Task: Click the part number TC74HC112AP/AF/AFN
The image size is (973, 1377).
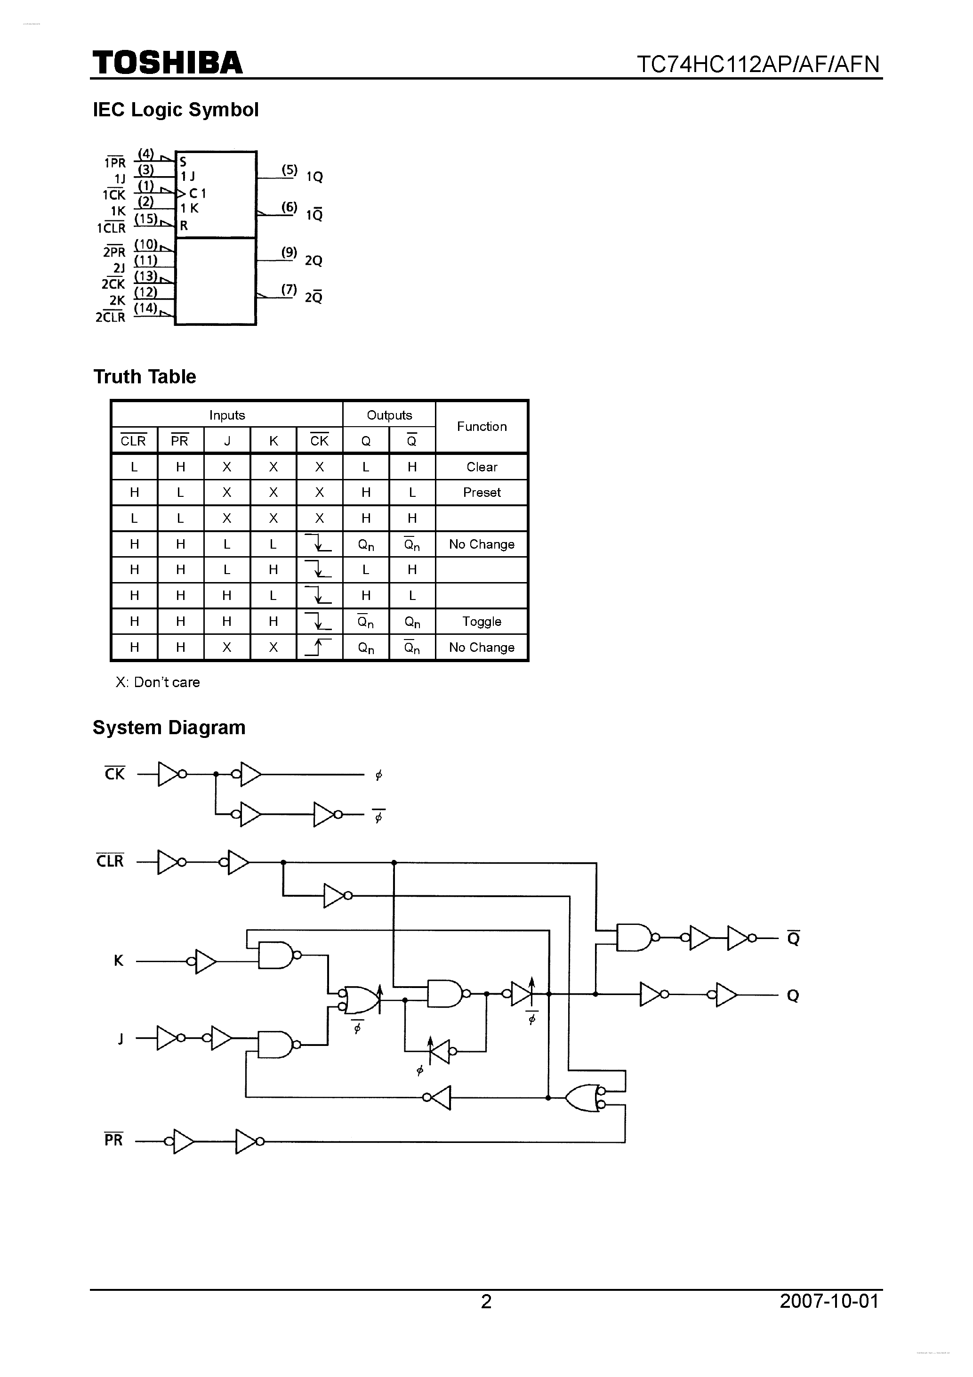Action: click(x=758, y=64)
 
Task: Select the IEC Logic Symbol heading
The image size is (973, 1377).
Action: click(x=176, y=110)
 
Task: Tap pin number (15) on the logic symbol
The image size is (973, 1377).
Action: click(x=145, y=219)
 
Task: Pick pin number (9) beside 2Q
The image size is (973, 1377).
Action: click(x=289, y=252)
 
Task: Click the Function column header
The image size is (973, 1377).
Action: click(x=482, y=426)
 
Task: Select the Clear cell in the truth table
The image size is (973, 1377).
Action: click(x=482, y=467)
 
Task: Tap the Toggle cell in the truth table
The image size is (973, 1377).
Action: click(x=482, y=621)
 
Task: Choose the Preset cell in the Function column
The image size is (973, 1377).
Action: click(x=482, y=493)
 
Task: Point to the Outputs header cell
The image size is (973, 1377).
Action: click(x=389, y=415)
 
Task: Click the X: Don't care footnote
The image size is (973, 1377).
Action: click(x=158, y=682)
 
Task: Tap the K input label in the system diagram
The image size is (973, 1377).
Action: click(x=118, y=961)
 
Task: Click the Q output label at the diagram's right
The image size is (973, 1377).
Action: click(x=793, y=996)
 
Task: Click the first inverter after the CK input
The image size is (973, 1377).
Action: click(x=169, y=774)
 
